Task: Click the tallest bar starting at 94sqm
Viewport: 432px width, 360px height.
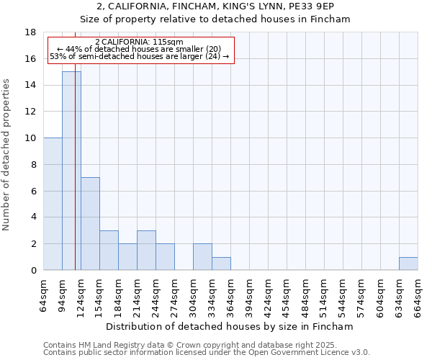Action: click(71, 171)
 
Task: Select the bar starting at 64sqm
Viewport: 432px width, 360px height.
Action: click(53, 204)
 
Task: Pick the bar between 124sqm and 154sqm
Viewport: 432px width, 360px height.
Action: click(90, 223)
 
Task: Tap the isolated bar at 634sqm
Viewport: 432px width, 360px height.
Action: click(408, 264)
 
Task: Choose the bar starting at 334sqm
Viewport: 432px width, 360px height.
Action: click(221, 264)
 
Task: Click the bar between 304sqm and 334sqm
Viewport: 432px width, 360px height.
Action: click(202, 257)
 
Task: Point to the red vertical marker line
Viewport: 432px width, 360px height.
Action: click(75, 180)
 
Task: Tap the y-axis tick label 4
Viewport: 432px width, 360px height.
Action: click(33, 217)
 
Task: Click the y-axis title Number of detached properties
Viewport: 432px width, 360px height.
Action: click(7, 155)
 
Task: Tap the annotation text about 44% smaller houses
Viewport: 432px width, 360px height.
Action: click(139, 49)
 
